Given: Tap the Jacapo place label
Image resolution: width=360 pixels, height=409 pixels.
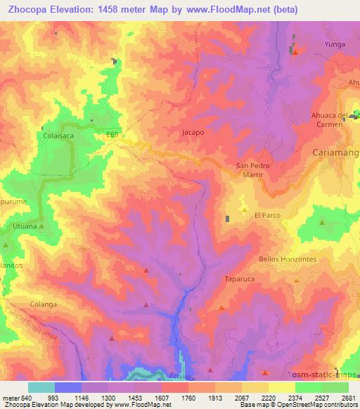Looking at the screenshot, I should tap(193, 131).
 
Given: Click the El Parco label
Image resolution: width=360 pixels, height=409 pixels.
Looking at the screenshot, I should tap(267, 215).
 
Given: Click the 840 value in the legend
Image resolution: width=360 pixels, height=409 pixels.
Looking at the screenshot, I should tap(21, 397).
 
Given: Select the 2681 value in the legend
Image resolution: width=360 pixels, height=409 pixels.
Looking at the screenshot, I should tap(349, 397).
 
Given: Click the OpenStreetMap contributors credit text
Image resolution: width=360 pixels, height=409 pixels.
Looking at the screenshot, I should tap(319, 405).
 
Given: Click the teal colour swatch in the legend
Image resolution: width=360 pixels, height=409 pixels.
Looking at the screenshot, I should tap(41, 387).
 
